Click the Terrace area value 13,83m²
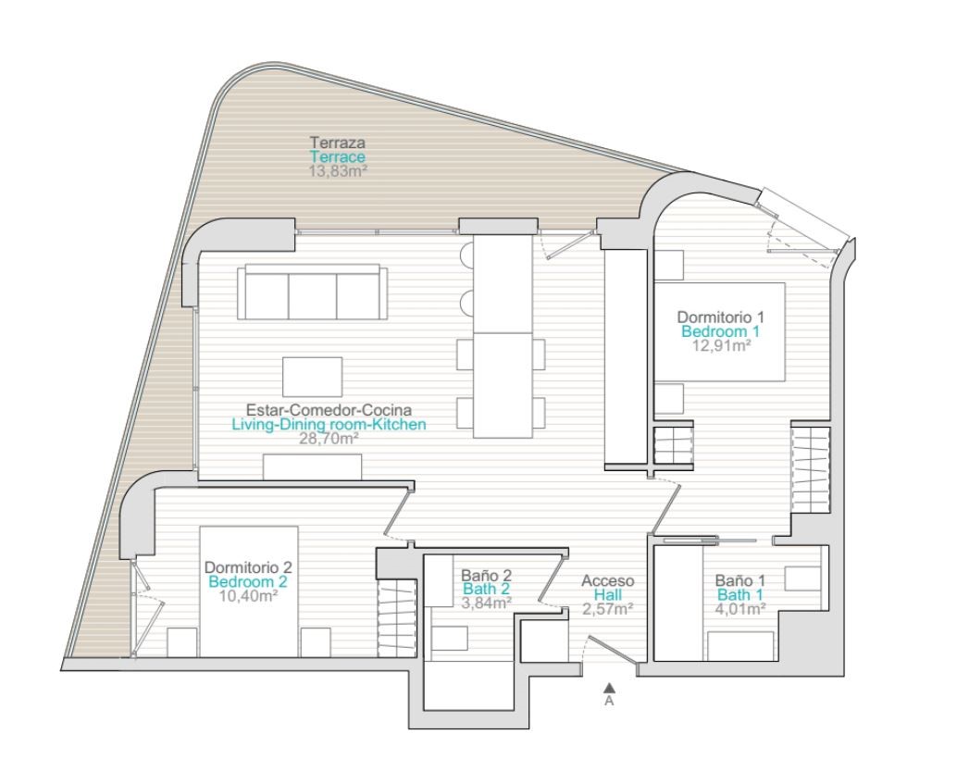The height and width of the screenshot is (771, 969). click(338, 171)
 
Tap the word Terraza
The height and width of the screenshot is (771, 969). click(338, 143)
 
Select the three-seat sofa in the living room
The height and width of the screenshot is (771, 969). click(313, 292)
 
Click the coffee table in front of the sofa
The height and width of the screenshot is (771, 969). click(312, 377)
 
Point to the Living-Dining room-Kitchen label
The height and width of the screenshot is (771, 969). click(329, 425)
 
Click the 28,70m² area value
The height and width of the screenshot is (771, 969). click(329, 439)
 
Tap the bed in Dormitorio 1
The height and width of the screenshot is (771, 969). click(719, 331)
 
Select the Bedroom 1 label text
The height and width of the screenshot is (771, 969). click(721, 331)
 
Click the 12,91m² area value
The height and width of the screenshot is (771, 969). click(721, 346)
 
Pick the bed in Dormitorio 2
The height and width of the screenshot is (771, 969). click(248, 591)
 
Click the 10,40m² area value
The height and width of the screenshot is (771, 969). click(248, 596)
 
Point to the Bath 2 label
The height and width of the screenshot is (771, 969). click(487, 589)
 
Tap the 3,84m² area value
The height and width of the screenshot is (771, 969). click(487, 603)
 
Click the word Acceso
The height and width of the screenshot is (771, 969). click(607, 581)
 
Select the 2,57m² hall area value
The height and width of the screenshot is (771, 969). click(607, 610)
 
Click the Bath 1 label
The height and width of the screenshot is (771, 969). click(740, 595)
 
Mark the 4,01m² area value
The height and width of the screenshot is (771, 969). click(740, 609)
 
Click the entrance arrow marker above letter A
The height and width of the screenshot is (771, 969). click(609, 687)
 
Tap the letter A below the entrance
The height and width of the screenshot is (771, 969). click(609, 702)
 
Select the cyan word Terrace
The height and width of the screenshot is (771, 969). click(338, 157)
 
